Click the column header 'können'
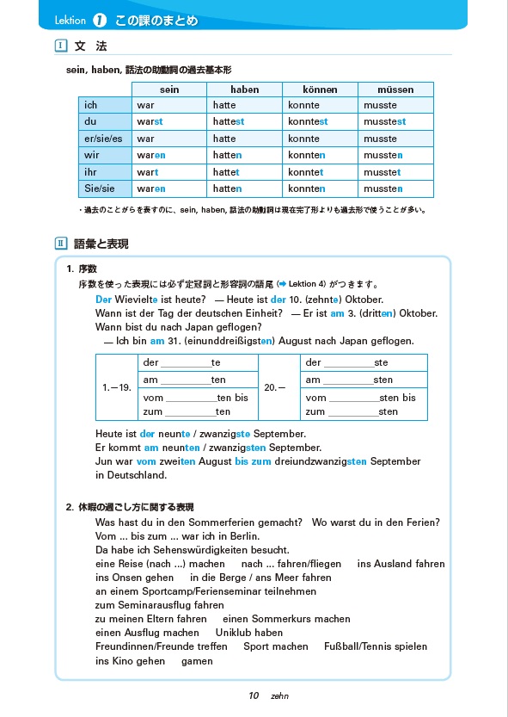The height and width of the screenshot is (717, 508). click(x=320, y=90)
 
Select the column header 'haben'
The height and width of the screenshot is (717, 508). click(x=244, y=90)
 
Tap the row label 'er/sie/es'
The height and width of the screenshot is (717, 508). click(x=104, y=139)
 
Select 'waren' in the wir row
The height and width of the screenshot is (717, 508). click(x=150, y=155)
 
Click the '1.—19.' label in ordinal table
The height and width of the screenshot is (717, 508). click(x=116, y=387)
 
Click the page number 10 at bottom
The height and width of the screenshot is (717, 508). click(x=254, y=695)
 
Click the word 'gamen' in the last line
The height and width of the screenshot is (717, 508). click(x=197, y=661)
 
